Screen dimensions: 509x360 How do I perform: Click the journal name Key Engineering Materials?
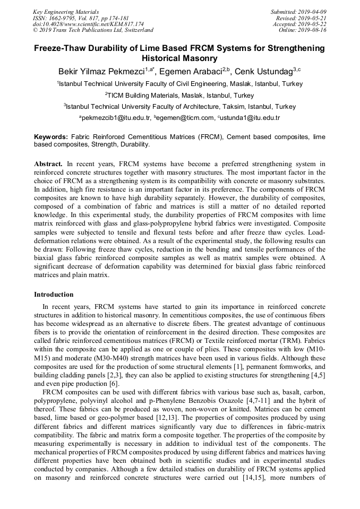click(x=65, y=12)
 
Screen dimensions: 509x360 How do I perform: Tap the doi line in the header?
click(x=88, y=24)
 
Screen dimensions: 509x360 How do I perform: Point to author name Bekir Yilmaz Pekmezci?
click(x=101, y=71)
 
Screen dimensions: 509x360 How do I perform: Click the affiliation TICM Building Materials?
click(x=142, y=96)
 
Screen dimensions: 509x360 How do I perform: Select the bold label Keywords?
click(x=51, y=137)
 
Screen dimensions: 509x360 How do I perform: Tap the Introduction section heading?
click(x=54, y=294)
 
